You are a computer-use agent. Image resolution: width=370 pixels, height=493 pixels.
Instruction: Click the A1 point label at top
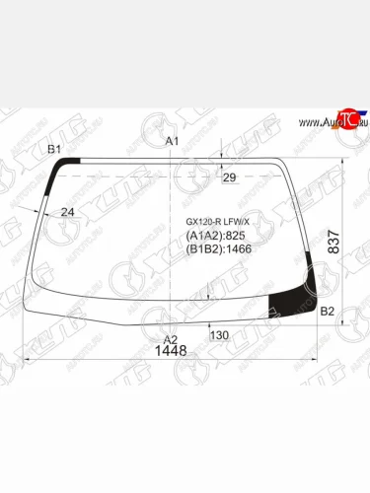click(171, 141)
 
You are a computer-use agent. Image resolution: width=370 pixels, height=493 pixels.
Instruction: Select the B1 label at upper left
click(55, 149)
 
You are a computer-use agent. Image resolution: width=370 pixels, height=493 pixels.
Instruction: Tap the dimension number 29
click(230, 177)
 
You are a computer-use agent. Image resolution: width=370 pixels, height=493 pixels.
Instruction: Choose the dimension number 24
click(68, 211)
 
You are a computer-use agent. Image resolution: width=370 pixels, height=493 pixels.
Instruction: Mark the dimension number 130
click(219, 335)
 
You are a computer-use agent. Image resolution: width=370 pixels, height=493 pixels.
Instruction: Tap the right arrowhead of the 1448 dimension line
click(320, 363)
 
